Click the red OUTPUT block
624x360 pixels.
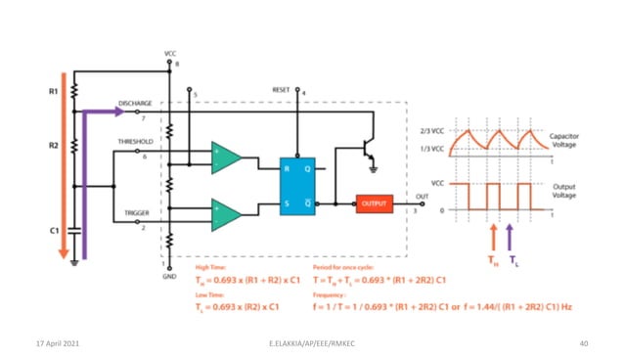pos(374,203)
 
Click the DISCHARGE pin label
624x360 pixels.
pos(134,102)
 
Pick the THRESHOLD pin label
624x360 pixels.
pos(134,141)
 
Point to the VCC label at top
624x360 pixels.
pos(170,52)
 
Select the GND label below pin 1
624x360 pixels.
pos(168,276)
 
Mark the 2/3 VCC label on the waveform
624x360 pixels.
pos(431,132)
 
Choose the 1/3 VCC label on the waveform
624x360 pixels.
pos(431,149)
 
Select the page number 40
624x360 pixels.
pos(583,343)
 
